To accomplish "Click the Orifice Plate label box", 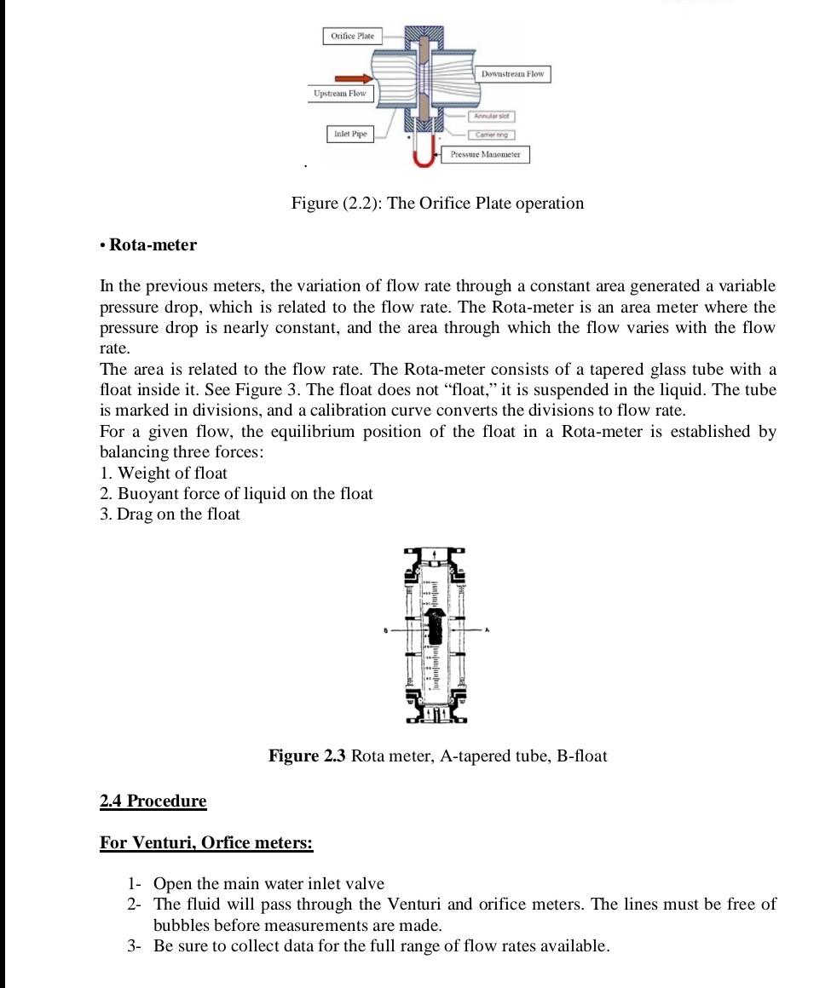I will pos(352,36).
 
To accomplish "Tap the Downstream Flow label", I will pos(512,74).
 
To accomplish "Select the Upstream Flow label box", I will pos(339,93).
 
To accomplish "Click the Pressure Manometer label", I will pos(485,154).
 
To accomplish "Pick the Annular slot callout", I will pos(491,116).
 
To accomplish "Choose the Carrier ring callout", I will pos(491,135).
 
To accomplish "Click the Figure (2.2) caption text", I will pos(437,204).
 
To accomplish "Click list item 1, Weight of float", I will pos(164,473).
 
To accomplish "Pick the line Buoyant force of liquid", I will pos(236,493).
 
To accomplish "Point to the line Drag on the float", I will pos(170,514).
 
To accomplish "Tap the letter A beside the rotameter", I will pos(487,630).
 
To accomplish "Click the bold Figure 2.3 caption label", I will pos(307,756).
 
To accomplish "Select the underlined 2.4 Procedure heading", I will pos(153,801).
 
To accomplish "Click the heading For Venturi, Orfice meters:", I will pos(206,843).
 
